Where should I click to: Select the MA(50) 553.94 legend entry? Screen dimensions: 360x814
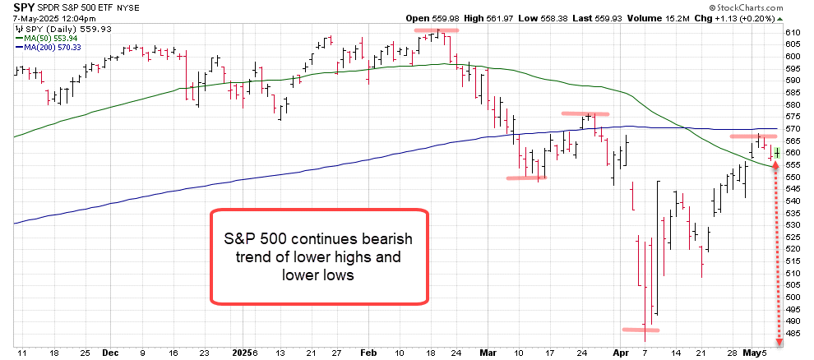[52, 38]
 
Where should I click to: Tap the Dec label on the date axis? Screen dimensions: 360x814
[110, 352]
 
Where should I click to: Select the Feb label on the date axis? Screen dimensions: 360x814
[368, 352]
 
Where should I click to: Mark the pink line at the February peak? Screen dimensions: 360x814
[436, 30]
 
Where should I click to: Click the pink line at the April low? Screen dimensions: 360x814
[641, 330]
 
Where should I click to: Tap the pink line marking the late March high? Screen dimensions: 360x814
[585, 113]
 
